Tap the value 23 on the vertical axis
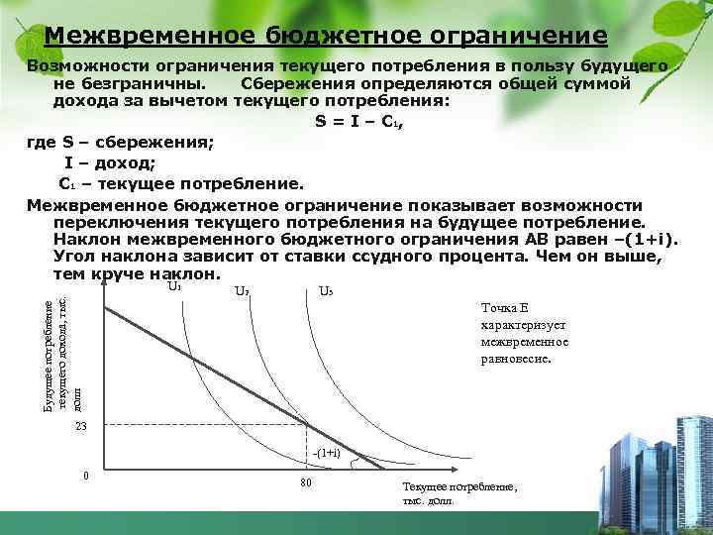(82, 426)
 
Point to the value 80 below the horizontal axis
(306, 482)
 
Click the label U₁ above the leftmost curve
(174, 288)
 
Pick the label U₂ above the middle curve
(242, 292)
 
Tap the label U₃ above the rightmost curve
(326, 292)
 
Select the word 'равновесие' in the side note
(514, 359)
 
